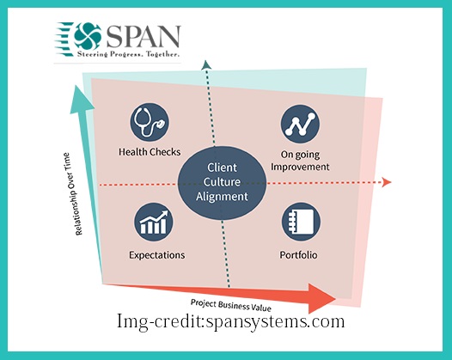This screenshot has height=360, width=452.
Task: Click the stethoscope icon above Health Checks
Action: coord(150,122)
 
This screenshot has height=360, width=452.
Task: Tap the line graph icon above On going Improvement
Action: coord(301,124)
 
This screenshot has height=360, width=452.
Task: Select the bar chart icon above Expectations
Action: coord(154,222)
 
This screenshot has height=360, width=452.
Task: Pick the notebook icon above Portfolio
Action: coord(301,222)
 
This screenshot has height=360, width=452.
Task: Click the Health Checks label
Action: coord(150,152)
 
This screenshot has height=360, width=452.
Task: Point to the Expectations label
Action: coord(156,255)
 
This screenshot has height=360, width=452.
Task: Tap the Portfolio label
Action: coord(299,255)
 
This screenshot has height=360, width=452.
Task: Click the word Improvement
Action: coord(300,167)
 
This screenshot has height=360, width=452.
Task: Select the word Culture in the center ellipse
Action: coord(222,182)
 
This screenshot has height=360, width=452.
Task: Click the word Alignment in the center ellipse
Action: coord(222,197)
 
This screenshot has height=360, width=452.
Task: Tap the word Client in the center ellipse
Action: coord(222,168)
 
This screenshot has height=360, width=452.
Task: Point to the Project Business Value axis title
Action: coord(231,306)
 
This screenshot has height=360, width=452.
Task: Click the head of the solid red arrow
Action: coord(321,299)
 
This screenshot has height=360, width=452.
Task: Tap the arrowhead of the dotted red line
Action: coord(387,182)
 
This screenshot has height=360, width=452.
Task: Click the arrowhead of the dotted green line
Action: coord(206,64)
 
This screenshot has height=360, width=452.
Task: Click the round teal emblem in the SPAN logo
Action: coord(88,37)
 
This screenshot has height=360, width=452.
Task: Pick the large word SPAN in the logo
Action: coord(144,36)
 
